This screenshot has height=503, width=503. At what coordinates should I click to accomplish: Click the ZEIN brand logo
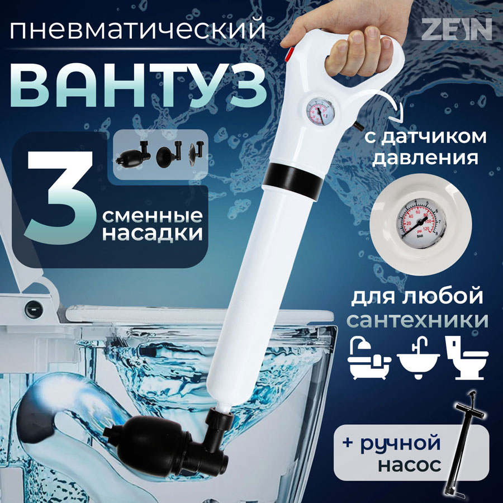pos(457,29)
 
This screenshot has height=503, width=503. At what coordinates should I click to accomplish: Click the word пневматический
pos(137,29)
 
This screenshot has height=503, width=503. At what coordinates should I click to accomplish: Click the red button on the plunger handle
pos(290,54)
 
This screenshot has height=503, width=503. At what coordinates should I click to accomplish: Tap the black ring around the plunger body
pos(293,179)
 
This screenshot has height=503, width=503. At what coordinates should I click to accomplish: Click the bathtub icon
pos(369,358)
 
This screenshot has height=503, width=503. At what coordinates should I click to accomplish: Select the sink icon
pos(419,358)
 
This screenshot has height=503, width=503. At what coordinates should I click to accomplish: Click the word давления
pos(425,158)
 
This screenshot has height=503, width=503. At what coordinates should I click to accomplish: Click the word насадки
pos(152,234)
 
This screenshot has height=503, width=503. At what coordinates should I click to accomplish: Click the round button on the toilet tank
pos(34,310)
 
